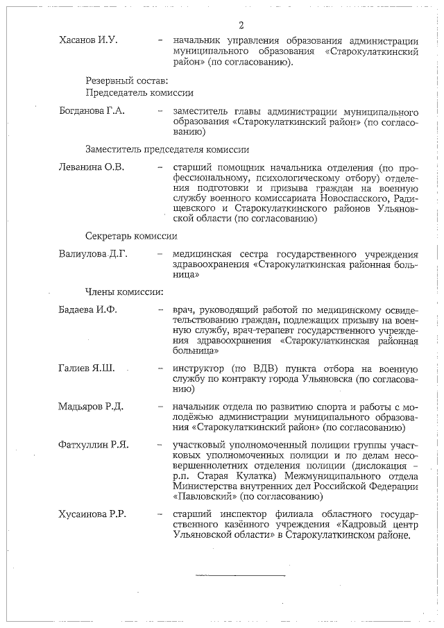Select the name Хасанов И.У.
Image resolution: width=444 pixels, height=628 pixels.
(x=88, y=40)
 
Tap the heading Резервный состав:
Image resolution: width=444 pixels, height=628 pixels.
(x=122, y=80)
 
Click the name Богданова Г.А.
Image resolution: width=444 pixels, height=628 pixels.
(x=92, y=111)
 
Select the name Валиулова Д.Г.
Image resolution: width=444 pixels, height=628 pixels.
(x=94, y=253)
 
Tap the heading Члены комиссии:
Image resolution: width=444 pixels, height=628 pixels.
(x=124, y=291)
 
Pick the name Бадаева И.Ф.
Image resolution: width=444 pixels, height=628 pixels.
(x=88, y=309)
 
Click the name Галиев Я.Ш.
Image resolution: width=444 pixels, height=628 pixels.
(x=87, y=368)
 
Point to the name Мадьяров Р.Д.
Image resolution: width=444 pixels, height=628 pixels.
(x=90, y=406)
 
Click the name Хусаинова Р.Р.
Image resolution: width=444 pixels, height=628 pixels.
(x=94, y=514)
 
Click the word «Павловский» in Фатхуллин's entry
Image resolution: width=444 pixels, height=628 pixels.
(x=203, y=497)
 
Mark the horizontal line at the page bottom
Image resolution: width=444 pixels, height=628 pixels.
(x=240, y=575)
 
